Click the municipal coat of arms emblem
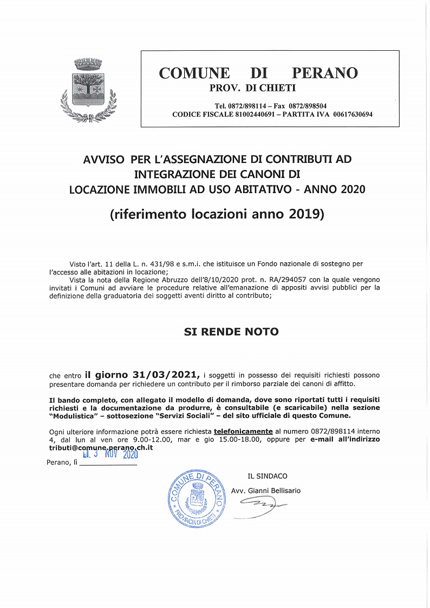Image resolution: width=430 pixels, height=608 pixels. (x=87, y=90)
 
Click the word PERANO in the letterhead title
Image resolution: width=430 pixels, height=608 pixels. (x=325, y=74)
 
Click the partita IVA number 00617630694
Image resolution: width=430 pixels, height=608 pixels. (x=353, y=115)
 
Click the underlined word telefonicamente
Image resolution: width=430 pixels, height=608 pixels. (x=243, y=432)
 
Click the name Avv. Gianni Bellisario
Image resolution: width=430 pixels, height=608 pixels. (x=265, y=491)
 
